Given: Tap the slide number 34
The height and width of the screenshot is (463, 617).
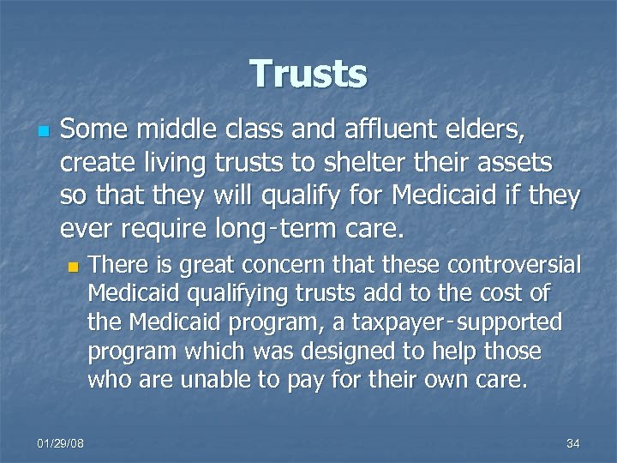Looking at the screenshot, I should pos(573,443).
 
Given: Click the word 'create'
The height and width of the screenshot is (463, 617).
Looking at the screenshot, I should pos(90,163).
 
